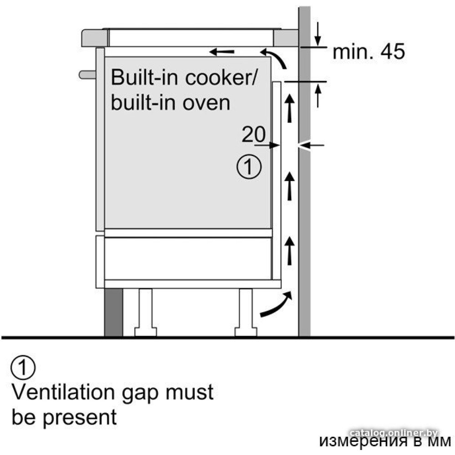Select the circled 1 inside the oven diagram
point(249,167)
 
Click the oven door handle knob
point(86,74)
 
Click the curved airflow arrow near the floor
point(275,305)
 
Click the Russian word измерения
point(357,441)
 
